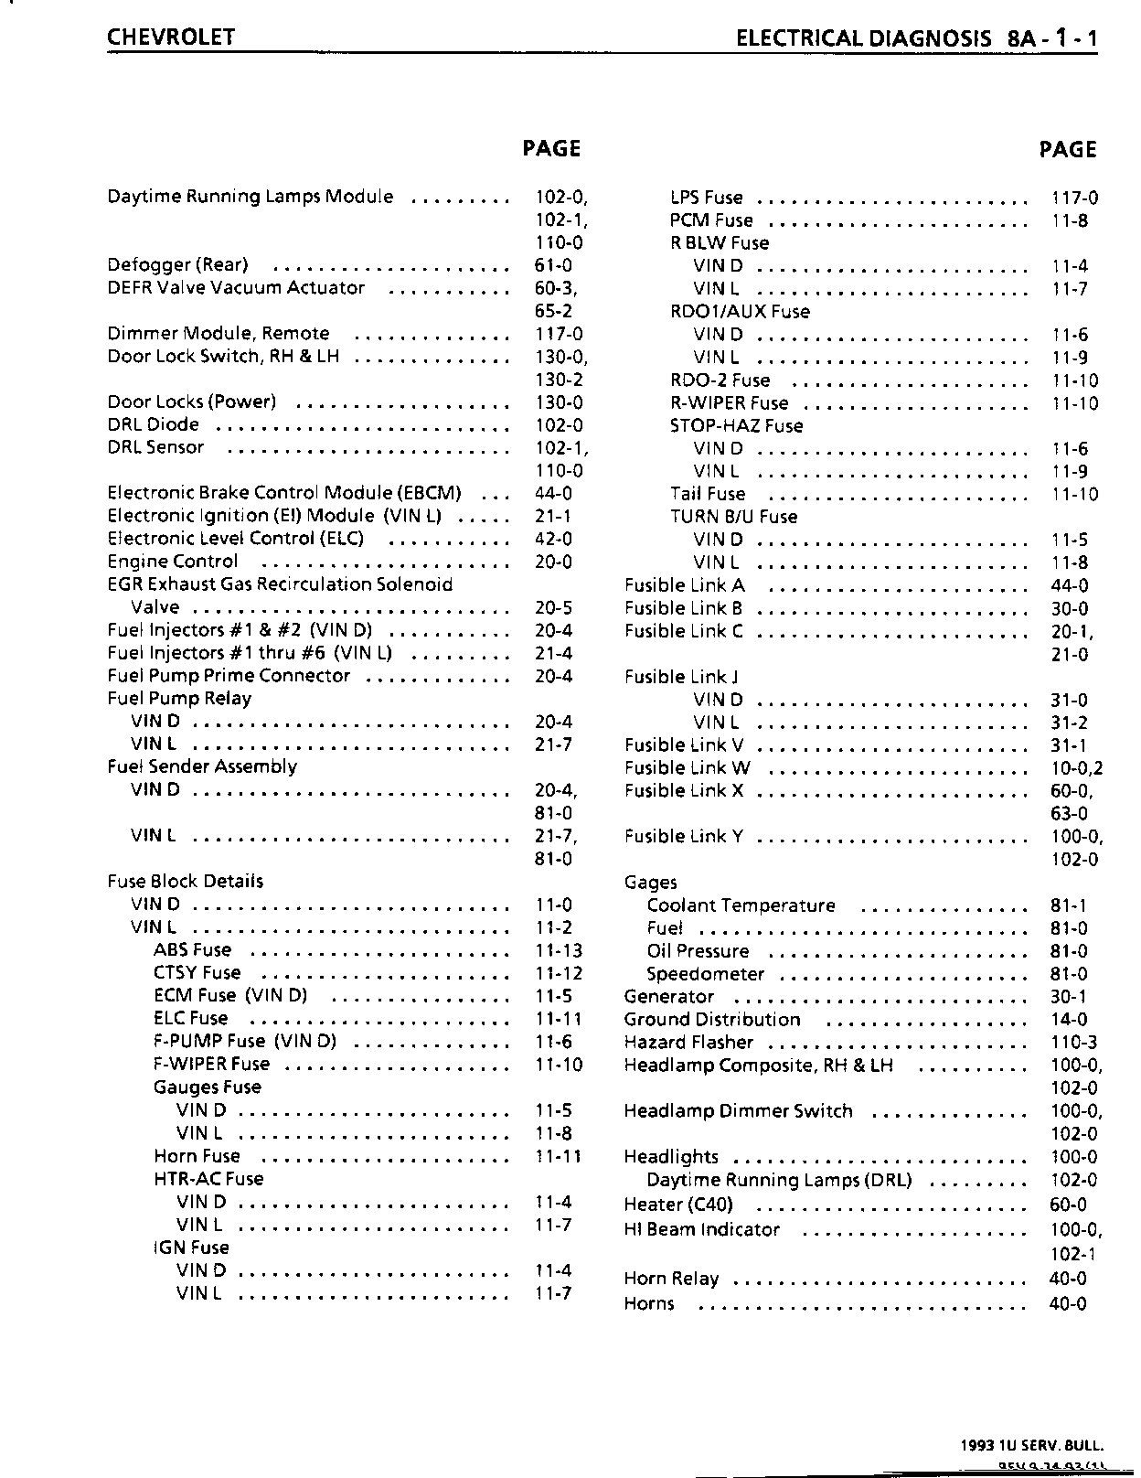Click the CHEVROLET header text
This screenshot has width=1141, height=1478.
[x=171, y=37]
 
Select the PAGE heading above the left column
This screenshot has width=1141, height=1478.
[x=551, y=148]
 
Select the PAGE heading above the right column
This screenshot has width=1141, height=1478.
[x=1068, y=149]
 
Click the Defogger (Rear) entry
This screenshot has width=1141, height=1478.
[x=177, y=265]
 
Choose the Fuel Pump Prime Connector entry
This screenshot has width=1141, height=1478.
[x=229, y=676]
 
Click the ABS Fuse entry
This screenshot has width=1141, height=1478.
[x=192, y=950]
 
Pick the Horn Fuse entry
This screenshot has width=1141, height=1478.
[x=197, y=1156]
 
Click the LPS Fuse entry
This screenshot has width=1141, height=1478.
[x=706, y=198]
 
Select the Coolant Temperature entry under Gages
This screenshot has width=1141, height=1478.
[x=741, y=905]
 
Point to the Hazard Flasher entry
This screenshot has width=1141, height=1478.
[x=688, y=1043]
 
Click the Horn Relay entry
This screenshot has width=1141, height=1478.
[x=671, y=1279]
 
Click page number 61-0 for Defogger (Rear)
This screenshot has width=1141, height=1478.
[x=553, y=265]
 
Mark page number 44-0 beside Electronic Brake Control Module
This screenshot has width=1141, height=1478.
[x=553, y=494]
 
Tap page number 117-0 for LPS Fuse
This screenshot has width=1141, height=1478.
[x=1074, y=198]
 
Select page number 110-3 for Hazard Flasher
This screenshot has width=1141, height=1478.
[x=1074, y=1043]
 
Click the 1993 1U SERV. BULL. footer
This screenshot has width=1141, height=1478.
[x=1032, y=1446]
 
